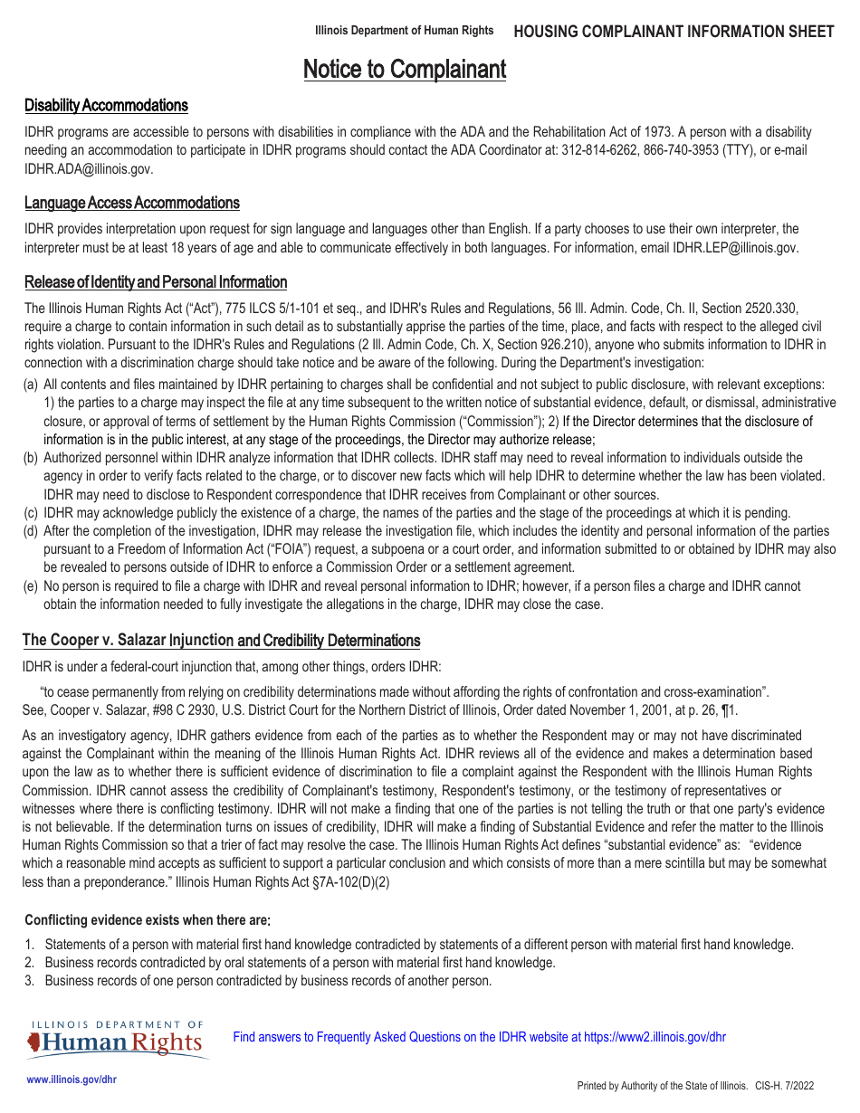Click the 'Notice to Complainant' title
coord(404,70)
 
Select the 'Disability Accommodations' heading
coord(106,106)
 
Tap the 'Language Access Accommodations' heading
coord(132,203)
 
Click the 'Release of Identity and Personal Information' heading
coord(156,282)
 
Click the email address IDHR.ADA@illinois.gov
coord(89,168)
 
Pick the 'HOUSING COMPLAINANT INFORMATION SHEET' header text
coord(674,32)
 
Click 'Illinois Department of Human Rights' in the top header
coord(404,31)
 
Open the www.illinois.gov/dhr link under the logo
coord(72,1080)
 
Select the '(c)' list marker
coord(31,513)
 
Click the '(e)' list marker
coord(31,586)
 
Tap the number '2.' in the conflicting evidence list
coord(30,963)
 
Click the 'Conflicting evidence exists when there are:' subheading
coord(147,920)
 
